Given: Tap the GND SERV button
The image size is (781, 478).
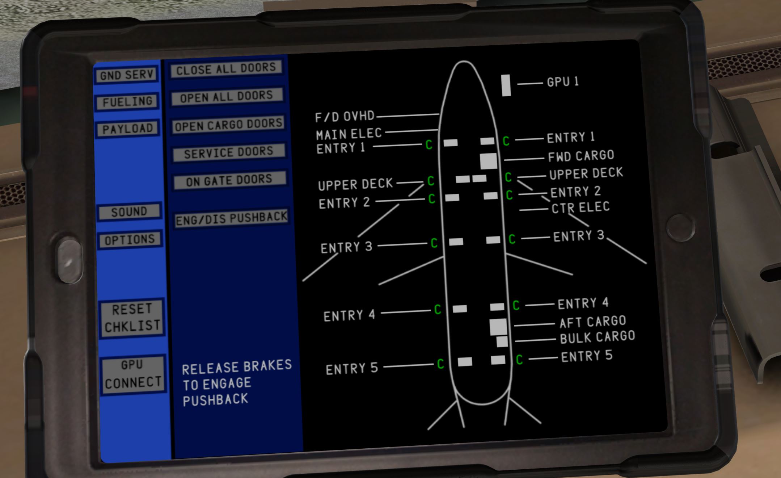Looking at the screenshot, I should click(127, 75).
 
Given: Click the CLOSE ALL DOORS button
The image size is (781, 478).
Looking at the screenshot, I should click(226, 69).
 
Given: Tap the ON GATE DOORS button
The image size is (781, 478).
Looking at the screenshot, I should click(229, 180).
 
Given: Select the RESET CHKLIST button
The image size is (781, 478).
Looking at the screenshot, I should click(132, 318).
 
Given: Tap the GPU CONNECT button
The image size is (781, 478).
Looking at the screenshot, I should click(133, 374).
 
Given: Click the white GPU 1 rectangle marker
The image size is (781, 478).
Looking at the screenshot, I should click(506, 85).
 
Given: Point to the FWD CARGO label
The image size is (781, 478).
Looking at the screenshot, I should click(581, 156).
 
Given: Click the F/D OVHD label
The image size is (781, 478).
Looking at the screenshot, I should click(345, 117).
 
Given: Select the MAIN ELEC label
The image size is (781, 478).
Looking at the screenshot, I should click(349, 134).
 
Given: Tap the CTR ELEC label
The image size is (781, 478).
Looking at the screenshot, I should click(581, 207).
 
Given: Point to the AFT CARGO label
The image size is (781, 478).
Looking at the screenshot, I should click(592, 322).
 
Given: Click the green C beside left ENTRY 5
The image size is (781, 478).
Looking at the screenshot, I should click(440, 364).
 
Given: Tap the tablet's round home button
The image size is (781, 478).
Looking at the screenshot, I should click(680, 228).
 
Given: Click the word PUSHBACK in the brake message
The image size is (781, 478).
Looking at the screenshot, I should click(215, 400).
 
